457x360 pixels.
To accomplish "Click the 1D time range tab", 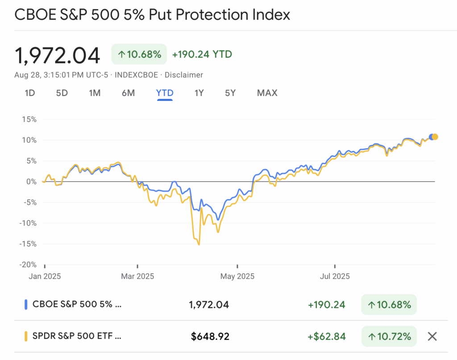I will coord(29,93).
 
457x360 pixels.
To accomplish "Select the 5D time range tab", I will coord(62,93).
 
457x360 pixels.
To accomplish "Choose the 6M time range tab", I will coord(128,93).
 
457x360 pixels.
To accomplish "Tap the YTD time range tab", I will coord(165,93).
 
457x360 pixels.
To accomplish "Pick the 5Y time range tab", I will coord(230,93).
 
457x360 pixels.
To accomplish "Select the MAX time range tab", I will coord(267,93).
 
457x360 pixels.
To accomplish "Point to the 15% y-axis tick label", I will coord(28,119).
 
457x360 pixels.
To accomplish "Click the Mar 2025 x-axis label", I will coord(138,276).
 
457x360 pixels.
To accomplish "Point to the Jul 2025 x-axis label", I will coord(335,276).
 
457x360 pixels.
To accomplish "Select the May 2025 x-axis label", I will coord(237,276).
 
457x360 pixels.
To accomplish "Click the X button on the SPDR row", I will coord(432,336).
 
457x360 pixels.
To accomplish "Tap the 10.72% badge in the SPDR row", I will coord(389,336).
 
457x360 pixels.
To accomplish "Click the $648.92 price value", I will coord(210,336).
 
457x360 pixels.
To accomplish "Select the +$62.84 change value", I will coord(326,336).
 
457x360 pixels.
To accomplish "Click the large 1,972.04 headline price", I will coord(57,55).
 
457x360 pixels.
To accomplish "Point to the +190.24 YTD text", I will coord(202,54).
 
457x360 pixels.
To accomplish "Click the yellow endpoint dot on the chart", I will coord(435,137).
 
